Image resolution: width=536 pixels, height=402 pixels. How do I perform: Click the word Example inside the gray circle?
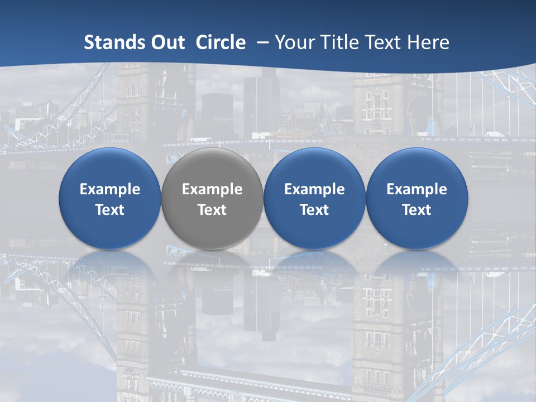point(212,189)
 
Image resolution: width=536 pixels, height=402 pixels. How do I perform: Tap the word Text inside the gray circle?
point(212,210)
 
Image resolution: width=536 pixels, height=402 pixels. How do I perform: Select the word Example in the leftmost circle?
point(110,189)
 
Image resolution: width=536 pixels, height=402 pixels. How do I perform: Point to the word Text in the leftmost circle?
point(110,210)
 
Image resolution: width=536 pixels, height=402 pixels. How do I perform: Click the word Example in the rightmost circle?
point(417,189)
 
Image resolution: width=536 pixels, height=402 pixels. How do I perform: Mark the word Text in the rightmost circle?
point(417,210)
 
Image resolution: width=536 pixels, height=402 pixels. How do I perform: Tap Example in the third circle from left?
point(314,189)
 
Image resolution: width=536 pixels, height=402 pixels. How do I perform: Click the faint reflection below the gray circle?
point(212,265)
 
